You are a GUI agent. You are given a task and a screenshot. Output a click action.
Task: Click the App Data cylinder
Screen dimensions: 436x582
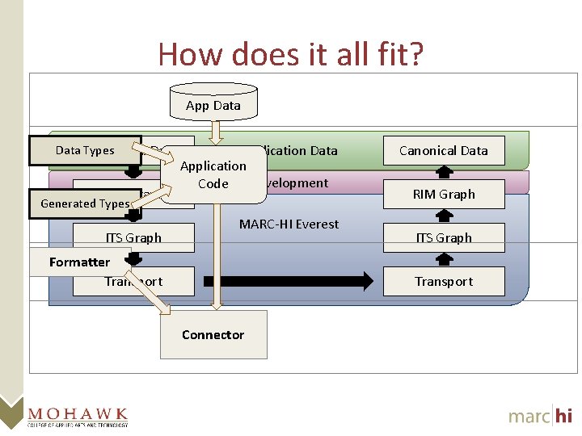coord(213,104)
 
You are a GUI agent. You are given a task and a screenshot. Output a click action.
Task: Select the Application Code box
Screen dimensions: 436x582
coord(213,174)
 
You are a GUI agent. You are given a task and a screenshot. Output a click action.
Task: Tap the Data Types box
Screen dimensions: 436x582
coord(85,150)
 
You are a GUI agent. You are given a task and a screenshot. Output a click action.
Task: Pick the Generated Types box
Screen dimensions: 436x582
coord(84,203)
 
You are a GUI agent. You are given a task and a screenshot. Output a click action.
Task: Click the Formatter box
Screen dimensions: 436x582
coord(79,262)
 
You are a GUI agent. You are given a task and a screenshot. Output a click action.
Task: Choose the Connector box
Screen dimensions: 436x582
coord(213,334)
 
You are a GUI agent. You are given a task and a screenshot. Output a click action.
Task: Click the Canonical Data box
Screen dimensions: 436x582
coord(444,150)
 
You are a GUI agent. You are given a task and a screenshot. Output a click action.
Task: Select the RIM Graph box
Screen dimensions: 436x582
coord(444,194)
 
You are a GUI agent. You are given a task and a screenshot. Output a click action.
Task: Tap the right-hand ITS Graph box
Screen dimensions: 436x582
coord(444,237)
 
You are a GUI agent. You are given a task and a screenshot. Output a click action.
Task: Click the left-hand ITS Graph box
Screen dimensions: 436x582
coord(133,237)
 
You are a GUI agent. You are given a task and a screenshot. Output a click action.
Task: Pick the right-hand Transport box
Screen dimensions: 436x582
coord(444,281)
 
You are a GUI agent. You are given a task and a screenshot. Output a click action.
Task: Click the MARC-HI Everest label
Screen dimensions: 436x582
coord(289,224)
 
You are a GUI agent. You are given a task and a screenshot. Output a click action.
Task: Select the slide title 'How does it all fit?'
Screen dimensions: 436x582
coord(290,54)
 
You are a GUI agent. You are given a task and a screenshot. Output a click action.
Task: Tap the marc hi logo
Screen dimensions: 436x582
coord(540,415)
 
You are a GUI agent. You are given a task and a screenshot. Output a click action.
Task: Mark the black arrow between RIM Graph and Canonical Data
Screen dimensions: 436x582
coord(444,172)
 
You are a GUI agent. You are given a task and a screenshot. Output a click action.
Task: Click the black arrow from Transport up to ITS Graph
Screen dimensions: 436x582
coord(444,259)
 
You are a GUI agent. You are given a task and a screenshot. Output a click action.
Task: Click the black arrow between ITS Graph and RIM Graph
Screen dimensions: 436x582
coord(444,216)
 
